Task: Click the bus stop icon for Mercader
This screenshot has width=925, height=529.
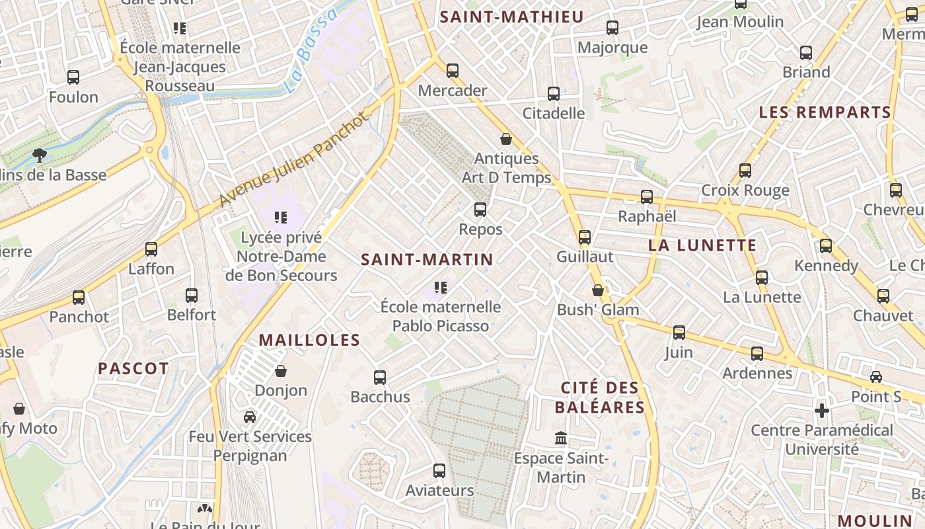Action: [453, 70]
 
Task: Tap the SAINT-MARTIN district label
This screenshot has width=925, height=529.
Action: [427, 260]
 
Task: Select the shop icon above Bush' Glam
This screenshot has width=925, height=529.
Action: [598, 290]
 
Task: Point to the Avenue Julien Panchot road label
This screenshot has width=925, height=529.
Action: [292, 161]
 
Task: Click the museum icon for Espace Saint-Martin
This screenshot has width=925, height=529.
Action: [561, 438]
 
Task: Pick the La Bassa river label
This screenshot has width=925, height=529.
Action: [309, 52]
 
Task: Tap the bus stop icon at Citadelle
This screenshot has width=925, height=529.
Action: [554, 94]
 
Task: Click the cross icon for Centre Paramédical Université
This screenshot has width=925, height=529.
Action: [822, 411]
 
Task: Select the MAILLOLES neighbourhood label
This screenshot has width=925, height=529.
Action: [309, 341]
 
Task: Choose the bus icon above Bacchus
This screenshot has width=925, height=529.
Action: [380, 378]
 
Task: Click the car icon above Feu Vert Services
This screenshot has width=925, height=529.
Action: [250, 417]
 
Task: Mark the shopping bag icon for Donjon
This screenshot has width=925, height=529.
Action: [281, 371]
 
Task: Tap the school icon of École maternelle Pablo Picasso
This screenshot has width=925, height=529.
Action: [441, 287]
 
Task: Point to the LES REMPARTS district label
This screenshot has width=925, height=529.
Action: [825, 112]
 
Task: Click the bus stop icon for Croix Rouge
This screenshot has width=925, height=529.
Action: [745, 171]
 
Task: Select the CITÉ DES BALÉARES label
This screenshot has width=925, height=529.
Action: [599, 397]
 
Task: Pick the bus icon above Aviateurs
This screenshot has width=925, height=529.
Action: [439, 471]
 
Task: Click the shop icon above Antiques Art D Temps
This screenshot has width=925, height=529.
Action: [506, 139]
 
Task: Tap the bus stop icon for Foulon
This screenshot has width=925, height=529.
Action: [73, 77]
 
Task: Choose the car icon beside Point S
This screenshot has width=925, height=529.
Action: [876, 377]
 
